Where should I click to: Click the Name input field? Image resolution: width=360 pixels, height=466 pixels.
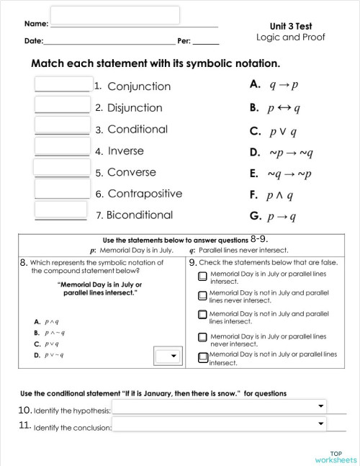pyautogui.click(x=115, y=15)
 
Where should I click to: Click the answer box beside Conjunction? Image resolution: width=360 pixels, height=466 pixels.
pyautogui.click(x=63, y=85)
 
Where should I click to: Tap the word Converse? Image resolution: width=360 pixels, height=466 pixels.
pyautogui.click(x=132, y=172)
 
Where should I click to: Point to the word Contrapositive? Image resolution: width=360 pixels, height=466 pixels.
pyautogui.click(x=144, y=194)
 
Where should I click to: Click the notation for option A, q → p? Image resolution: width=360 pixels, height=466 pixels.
pyautogui.click(x=284, y=84)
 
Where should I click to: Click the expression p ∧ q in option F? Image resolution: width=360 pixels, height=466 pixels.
pyautogui.click(x=284, y=195)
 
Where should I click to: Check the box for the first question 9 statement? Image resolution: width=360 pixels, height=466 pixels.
pyautogui.click(x=203, y=277)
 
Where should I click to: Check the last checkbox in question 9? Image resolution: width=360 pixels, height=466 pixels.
pyautogui.click(x=203, y=357)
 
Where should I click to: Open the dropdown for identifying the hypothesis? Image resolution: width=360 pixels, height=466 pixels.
pyautogui.click(x=220, y=408)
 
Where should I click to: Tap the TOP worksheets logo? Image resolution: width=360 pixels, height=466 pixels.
pyautogui.click(x=336, y=456)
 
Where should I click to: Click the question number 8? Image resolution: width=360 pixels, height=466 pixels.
pyautogui.click(x=24, y=262)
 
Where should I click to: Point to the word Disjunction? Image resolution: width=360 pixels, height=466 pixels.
pyautogui.click(x=135, y=108)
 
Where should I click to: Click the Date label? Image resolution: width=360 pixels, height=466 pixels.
pyautogui.click(x=33, y=41)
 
